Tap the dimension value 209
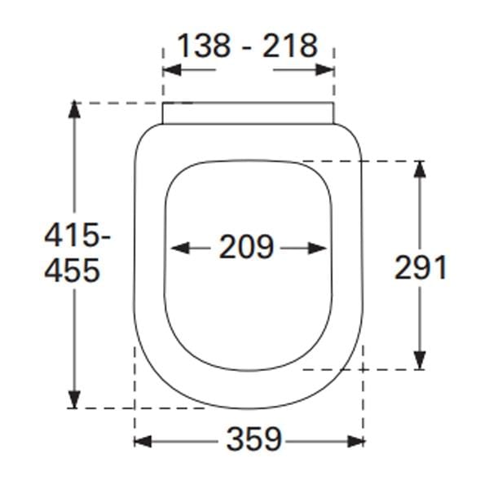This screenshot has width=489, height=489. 246,247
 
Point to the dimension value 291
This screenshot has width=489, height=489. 421,267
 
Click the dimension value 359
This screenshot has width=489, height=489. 253,441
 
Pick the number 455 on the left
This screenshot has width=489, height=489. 72,270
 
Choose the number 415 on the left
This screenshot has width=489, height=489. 67,237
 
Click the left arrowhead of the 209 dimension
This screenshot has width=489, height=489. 174,247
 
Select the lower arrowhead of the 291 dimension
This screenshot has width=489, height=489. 419,360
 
